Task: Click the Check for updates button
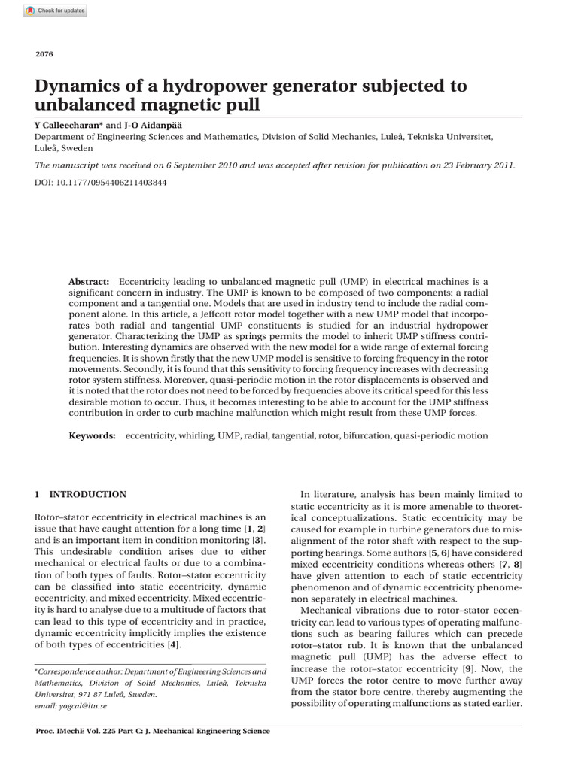point(55,11)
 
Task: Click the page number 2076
point(44,53)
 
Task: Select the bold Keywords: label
point(93,435)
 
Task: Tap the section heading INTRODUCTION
point(87,494)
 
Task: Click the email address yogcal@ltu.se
point(63,706)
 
